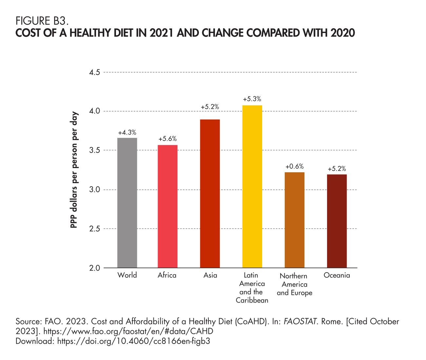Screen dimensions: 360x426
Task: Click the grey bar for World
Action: point(127,203)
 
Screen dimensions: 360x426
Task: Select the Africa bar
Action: point(167,206)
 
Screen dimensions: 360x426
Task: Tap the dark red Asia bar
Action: point(210,194)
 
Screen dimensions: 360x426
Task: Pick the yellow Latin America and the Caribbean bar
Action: point(252,186)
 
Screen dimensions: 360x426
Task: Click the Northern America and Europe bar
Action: point(294,220)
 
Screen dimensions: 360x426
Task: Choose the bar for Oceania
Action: point(337,221)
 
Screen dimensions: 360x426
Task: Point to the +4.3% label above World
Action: point(127,133)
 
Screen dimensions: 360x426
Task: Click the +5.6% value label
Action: point(167,139)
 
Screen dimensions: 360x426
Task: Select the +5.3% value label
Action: point(252,99)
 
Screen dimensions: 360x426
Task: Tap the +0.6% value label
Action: point(294,166)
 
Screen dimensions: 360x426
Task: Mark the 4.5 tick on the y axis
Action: point(95,72)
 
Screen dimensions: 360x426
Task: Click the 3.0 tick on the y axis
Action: point(95,190)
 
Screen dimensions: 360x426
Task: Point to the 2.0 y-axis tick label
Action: point(95,268)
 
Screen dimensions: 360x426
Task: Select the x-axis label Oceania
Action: point(337,275)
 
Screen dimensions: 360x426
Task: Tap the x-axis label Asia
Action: point(210,275)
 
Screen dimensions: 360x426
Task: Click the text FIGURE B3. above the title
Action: point(42,22)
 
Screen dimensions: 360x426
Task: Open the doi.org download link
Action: point(133,341)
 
